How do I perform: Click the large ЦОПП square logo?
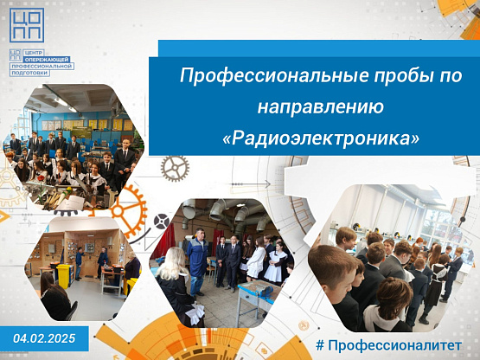27,25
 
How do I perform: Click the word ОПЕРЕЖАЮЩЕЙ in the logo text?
48,60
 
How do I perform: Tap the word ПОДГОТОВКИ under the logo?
29,73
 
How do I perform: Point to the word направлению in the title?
321,108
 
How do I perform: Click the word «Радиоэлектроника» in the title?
321,138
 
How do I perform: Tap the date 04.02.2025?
44,338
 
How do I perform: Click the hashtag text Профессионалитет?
394,345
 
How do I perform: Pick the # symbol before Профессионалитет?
320,345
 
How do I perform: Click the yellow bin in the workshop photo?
64,276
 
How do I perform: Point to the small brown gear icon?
175,169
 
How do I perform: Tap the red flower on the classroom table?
41,178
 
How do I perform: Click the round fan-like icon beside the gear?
162,222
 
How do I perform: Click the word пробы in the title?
401,75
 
